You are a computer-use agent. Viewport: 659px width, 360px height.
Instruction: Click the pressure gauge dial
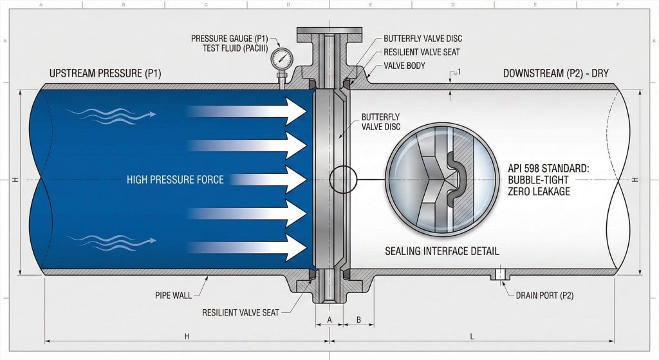point(282,59)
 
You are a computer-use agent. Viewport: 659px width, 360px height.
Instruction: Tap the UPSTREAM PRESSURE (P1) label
point(105,73)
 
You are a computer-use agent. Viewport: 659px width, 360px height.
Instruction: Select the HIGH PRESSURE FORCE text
point(175,180)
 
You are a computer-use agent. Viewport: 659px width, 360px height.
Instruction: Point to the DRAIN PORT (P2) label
point(544,296)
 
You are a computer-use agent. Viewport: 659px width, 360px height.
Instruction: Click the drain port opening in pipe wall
point(499,274)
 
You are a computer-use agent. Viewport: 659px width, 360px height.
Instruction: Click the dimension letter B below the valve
point(359,319)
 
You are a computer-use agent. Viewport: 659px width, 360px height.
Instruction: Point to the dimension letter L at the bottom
point(473,336)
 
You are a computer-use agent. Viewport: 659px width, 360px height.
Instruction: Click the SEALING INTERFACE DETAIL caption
point(442,251)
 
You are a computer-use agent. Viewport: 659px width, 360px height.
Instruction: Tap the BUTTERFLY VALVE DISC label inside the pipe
point(380,122)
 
